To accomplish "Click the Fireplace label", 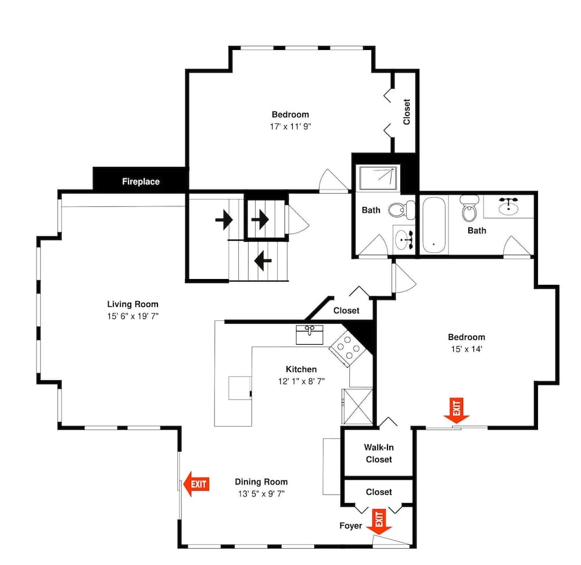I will pyautogui.click(x=141, y=181).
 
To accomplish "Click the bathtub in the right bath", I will pyautogui.click(x=433, y=225).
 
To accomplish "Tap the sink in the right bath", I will pyautogui.click(x=509, y=205).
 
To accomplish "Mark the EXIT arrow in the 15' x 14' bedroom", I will pyautogui.click(x=456, y=410).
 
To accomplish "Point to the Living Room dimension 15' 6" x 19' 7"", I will pyautogui.click(x=132, y=316).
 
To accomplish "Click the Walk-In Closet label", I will pyautogui.click(x=378, y=453).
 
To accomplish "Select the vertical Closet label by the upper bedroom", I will pyautogui.click(x=406, y=112).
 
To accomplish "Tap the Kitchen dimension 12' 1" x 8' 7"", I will pyautogui.click(x=301, y=381).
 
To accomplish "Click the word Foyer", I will pyautogui.click(x=350, y=526).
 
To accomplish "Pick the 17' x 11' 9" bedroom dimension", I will pyautogui.click(x=290, y=126).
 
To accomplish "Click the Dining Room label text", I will pyautogui.click(x=261, y=481).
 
